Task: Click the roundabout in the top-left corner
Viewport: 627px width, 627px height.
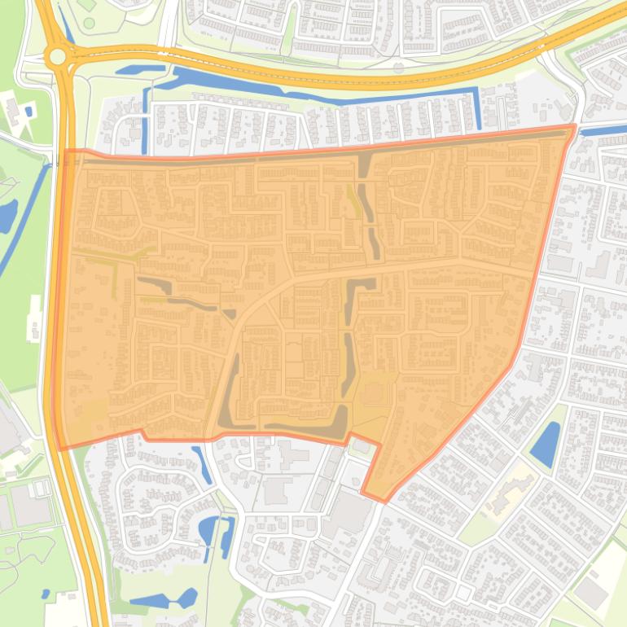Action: (57, 56)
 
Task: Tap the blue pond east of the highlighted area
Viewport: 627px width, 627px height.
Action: (545, 444)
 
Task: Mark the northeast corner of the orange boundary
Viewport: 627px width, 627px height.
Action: (574, 127)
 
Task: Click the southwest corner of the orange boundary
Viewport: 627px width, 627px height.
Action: (59, 448)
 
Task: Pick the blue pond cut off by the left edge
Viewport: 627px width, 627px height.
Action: (6, 215)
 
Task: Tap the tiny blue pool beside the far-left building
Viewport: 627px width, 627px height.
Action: (28, 112)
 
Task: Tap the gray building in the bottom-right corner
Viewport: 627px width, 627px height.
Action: (592, 594)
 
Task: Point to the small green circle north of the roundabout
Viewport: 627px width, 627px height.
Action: (89, 23)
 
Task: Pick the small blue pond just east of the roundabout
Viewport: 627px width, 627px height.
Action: (134, 70)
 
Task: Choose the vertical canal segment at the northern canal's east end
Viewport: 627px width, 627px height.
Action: (477, 109)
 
